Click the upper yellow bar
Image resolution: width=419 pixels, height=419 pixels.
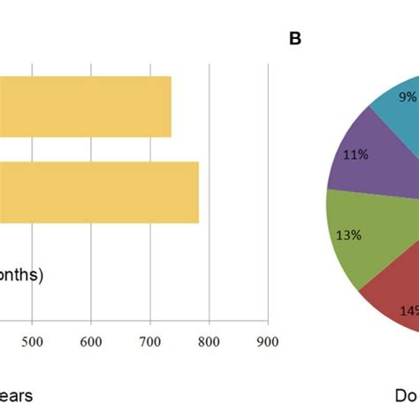[86, 106]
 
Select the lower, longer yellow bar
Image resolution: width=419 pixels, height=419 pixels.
[99, 192]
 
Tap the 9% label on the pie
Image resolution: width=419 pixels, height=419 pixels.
[408, 97]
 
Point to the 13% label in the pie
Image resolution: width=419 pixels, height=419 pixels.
[347, 234]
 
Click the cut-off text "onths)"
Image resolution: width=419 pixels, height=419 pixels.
[20, 275]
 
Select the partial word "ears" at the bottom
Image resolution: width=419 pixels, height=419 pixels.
[16, 396]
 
